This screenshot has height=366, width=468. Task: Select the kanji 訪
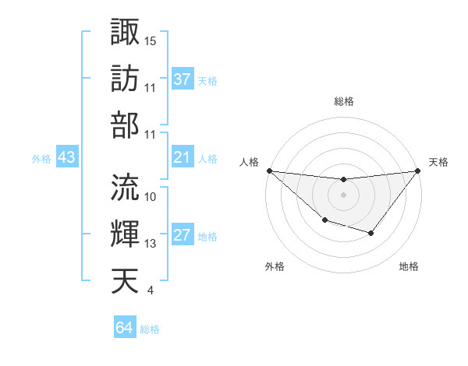[x=125, y=78]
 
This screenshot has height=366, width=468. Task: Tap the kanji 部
[x=125, y=124]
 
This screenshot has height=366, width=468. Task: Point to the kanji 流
[x=125, y=186]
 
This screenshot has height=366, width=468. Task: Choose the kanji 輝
[x=125, y=234]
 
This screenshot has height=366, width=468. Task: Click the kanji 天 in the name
[x=125, y=280]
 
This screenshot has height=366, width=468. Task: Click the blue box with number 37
[x=183, y=79]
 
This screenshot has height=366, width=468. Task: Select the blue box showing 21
[x=183, y=158]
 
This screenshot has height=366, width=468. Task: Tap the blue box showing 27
[x=183, y=236]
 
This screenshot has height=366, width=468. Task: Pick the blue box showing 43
[x=66, y=158]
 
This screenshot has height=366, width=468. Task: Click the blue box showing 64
[x=124, y=328]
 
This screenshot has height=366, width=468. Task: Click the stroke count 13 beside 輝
[x=151, y=244]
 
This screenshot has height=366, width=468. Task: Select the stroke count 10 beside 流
[x=151, y=197]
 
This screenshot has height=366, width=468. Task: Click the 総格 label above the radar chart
[x=343, y=101]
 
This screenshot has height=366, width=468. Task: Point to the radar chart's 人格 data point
[x=269, y=171]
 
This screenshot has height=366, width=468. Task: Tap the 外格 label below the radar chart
[x=275, y=266]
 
